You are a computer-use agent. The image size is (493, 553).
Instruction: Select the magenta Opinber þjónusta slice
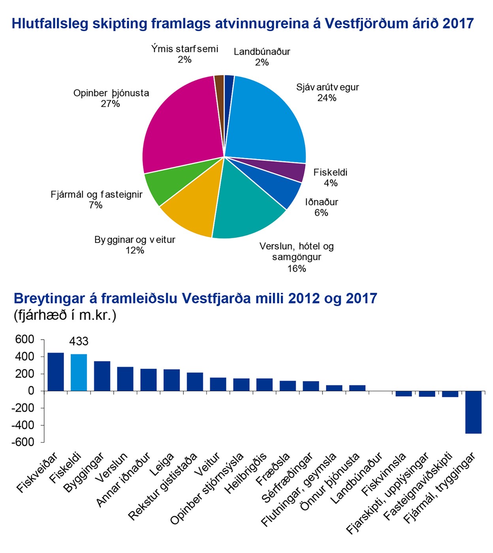(182, 126)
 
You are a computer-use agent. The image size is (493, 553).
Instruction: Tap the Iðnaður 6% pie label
(322, 207)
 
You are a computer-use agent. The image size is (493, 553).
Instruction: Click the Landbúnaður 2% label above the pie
(262, 57)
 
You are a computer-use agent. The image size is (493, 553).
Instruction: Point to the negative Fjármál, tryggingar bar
(473, 412)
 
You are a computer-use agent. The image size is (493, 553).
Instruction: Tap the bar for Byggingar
(102, 376)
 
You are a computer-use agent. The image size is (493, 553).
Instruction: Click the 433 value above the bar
(79, 341)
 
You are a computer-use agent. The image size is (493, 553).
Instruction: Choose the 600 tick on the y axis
(24, 340)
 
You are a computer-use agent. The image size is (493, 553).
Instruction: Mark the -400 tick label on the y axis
(23, 425)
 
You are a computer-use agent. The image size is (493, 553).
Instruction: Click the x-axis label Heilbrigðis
(245, 473)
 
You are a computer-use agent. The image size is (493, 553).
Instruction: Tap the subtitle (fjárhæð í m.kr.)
(65, 316)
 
